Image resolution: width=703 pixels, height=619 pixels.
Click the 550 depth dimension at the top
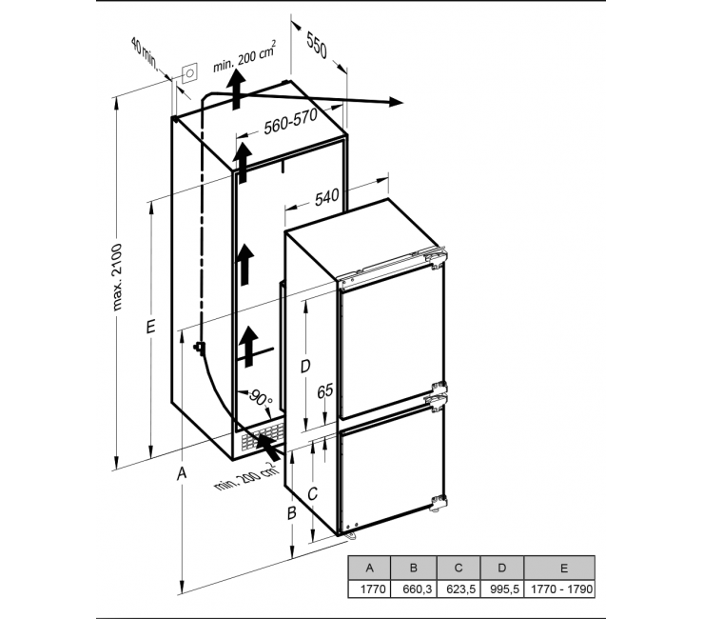pyautogui.click(x=318, y=45)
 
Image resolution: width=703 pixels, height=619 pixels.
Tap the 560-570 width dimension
pyautogui.click(x=290, y=121)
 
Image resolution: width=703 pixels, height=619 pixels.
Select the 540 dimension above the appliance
pyautogui.click(x=327, y=197)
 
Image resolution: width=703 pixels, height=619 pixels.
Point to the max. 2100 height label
pyautogui.click(x=117, y=277)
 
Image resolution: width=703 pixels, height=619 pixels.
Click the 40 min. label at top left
pyautogui.click(x=145, y=54)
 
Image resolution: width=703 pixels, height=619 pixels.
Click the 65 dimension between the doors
pyautogui.click(x=325, y=390)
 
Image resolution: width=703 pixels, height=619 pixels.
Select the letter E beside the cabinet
pyautogui.click(x=150, y=327)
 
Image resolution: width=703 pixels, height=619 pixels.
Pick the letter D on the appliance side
pyautogui.click(x=304, y=367)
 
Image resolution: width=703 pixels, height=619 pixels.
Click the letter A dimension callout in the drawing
pyautogui.click(x=182, y=473)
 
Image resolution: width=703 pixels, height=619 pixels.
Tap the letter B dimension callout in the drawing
pyautogui.click(x=292, y=512)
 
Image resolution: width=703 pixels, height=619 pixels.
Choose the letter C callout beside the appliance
pyautogui.click(x=312, y=493)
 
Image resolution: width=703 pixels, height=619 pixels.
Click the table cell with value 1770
pyautogui.click(x=370, y=589)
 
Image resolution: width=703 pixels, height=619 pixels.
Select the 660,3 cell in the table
pyautogui.click(x=414, y=589)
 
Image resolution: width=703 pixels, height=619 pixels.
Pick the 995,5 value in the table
pyautogui.click(x=502, y=589)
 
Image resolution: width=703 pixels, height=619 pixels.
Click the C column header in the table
pyautogui.click(x=459, y=568)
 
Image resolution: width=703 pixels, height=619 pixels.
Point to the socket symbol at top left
pyautogui.click(x=189, y=72)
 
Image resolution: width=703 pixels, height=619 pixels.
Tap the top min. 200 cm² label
pyautogui.click(x=244, y=57)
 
